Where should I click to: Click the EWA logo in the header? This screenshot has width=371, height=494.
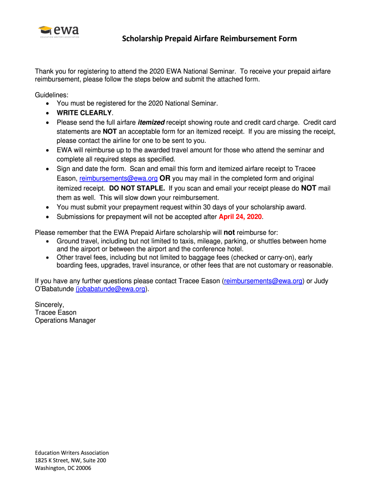[x=59, y=31]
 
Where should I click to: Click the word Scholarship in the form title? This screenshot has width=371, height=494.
[x=141, y=39]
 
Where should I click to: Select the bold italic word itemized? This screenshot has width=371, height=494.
[x=151, y=122]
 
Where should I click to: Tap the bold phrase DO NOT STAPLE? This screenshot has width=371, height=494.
[x=137, y=188]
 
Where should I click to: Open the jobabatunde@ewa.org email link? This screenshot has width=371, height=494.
[x=110, y=289]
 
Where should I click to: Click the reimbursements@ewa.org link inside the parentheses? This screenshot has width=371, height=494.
[x=263, y=281]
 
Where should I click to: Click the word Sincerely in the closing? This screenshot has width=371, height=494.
[x=49, y=304]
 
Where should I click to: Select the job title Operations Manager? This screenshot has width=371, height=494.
[x=65, y=320]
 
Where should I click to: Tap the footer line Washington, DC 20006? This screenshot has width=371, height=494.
[x=63, y=468]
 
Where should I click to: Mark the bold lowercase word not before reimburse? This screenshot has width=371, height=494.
[x=230, y=232]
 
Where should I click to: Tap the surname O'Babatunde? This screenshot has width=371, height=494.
[x=54, y=289]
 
